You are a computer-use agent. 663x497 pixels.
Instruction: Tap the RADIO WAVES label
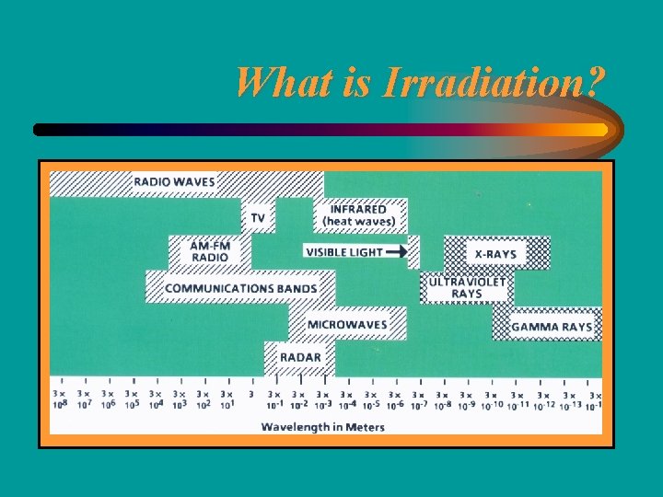coord(174,182)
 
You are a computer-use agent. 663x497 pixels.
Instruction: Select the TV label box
coord(258,218)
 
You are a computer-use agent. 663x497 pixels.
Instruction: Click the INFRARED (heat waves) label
coord(358,214)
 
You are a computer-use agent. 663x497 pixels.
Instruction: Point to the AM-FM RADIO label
coord(210,251)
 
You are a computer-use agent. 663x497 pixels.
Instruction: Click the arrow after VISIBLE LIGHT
coord(396,251)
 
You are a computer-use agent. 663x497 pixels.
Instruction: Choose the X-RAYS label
coord(495,254)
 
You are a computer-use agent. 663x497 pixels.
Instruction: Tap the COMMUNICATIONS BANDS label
coord(240,288)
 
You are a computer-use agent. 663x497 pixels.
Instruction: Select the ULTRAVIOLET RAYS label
coord(467,288)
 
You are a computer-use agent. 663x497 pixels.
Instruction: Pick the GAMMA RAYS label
coord(552,327)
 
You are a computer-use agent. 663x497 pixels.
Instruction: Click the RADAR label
coord(300,357)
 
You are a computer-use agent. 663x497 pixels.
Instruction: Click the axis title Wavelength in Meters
coord(322,426)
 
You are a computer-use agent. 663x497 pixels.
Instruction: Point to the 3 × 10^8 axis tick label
coord(61,399)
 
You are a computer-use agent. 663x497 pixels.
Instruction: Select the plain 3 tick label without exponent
coord(251,394)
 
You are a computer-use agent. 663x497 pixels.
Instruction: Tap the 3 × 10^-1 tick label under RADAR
coord(275,399)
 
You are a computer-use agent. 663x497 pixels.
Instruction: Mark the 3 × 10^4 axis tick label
coord(156,399)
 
